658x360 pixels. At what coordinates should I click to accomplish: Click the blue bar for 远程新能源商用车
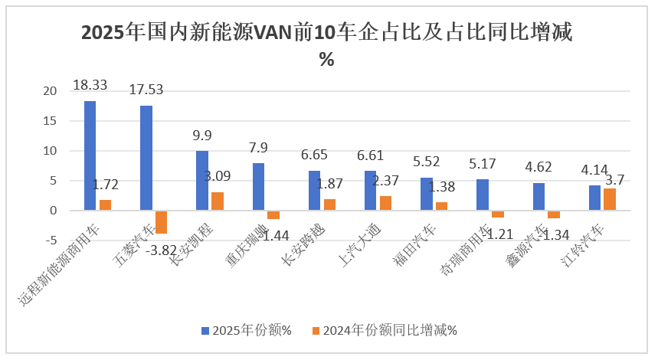(x=90, y=155)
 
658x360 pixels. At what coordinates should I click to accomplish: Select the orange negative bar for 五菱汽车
(x=161, y=222)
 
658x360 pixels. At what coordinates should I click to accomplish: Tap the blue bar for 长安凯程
(x=202, y=180)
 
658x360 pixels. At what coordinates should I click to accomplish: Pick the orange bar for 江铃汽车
(x=610, y=199)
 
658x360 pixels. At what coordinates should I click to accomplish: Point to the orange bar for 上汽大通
(x=385, y=203)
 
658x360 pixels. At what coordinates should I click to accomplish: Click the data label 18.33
(x=90, y=85)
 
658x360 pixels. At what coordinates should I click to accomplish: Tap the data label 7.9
(x=258, y=147)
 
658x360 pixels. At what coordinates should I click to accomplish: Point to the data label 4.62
(x=539, y=167)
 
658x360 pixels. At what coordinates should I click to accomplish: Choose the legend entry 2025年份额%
(x=246, y=330)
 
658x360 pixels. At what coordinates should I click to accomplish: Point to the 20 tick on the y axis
(x=51, y=91)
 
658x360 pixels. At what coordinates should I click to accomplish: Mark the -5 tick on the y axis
(x=51, y=240)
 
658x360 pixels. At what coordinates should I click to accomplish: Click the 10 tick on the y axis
(x=51, y=151)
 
